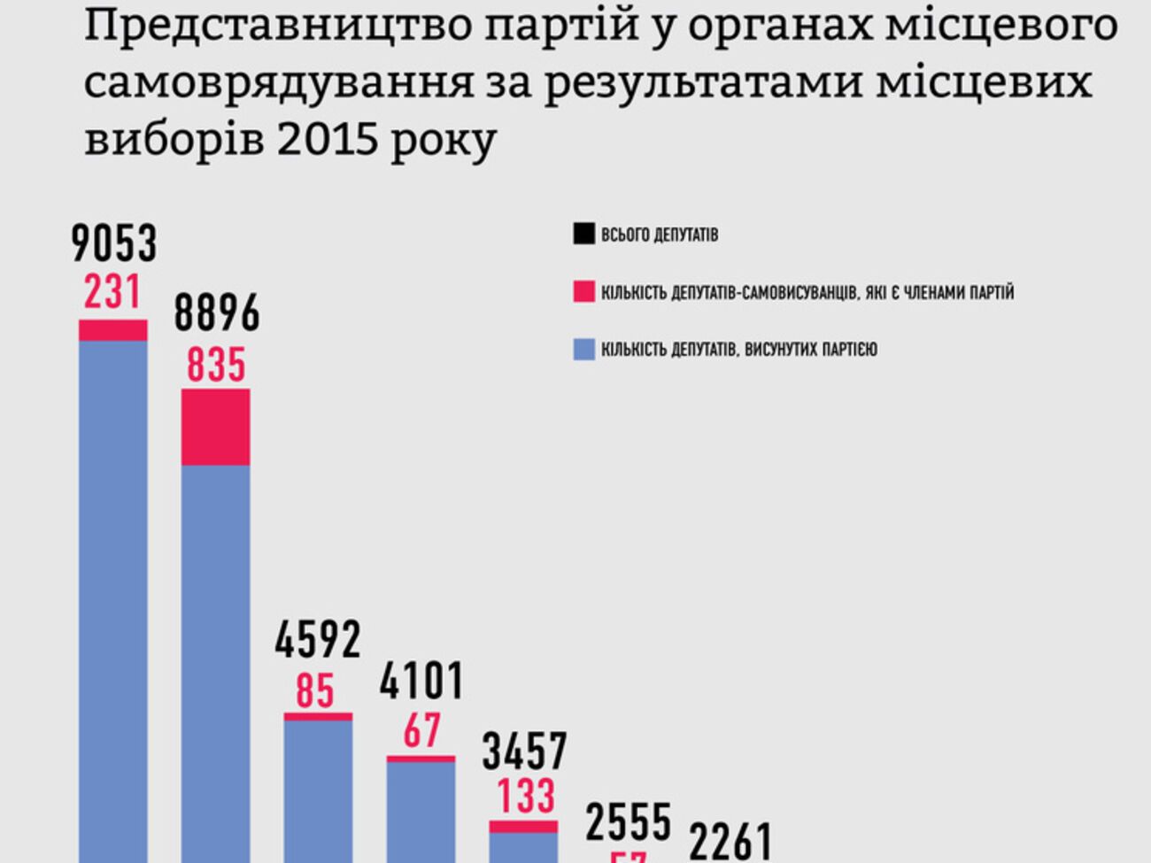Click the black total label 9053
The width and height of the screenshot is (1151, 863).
(113, 243)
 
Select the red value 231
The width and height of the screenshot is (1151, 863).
(112, 291)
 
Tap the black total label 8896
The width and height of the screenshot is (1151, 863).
(216, 313)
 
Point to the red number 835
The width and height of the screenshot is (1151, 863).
(216, 365)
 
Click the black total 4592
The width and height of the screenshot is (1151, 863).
(318, 640)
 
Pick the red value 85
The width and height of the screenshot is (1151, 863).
(315, 690)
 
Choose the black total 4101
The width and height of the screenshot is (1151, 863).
(421, 682)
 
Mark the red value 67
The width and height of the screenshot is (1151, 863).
(421, 731)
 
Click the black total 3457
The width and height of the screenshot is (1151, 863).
(524, 751)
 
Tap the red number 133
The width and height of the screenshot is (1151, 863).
(525, 796)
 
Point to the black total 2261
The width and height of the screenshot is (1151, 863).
(731, 842)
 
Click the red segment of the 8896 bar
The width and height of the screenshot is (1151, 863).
(215, 427)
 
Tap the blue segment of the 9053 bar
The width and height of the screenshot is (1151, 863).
(113, 602)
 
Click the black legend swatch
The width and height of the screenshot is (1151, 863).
(583, 235)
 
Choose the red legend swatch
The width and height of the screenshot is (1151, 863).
(583, 291)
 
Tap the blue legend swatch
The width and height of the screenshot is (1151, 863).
(583, 349)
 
